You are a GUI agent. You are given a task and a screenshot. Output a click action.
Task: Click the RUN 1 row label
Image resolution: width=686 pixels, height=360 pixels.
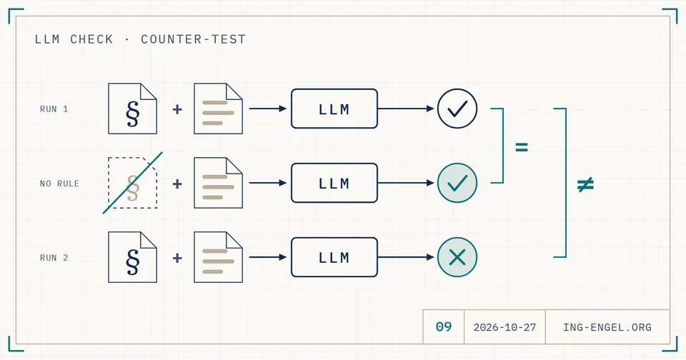tap(54, 109)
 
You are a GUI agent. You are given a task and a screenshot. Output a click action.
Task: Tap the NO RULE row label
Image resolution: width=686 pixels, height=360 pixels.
tap(59, 184)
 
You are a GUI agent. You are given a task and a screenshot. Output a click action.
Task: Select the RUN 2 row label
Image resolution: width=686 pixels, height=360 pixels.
tap(54, 258)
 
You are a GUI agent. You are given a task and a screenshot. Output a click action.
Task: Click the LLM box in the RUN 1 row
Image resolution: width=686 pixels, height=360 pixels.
tap(334, 109)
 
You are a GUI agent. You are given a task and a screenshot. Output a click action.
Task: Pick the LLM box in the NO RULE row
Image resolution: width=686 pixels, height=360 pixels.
tap(334, 183)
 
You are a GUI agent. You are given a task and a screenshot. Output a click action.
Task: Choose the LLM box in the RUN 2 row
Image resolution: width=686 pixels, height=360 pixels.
tap(334, 257)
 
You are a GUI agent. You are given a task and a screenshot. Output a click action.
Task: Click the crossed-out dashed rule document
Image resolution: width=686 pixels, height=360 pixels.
tap(133, 183)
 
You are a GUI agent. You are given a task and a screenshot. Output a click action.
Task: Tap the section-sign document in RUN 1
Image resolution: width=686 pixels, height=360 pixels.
tap(133, 109)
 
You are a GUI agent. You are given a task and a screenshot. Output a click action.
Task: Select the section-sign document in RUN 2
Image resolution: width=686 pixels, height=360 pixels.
tap(133, 257)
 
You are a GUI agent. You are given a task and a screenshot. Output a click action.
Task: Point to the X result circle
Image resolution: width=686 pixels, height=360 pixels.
tap(457, 257)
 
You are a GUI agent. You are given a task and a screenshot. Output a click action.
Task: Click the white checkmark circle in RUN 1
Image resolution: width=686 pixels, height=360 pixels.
tap(457, 109)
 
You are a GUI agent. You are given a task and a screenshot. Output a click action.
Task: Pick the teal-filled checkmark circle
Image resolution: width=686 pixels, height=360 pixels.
tap(457, 183)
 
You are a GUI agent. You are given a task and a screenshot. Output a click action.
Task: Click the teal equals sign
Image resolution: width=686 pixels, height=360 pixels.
tap(522, 147)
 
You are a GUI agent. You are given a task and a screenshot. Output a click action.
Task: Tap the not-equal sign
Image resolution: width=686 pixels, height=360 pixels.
tap(585, 184)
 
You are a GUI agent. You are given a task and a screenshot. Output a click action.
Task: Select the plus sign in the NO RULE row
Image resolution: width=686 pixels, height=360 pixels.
tap(177, 184)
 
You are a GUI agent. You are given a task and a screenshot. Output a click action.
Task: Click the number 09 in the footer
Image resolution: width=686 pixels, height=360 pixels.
tap(444, 326)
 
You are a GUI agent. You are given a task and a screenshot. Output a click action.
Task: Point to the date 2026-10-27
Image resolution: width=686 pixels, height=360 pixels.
tap(505, 327)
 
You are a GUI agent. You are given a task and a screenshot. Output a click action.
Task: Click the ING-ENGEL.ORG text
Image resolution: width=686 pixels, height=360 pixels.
tap(607, 327)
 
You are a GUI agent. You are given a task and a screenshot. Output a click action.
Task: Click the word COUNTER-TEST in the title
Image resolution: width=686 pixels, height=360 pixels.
tap(194, 39)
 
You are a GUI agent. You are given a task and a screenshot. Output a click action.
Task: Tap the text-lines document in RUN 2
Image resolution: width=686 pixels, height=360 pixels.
tap(219, 257)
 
